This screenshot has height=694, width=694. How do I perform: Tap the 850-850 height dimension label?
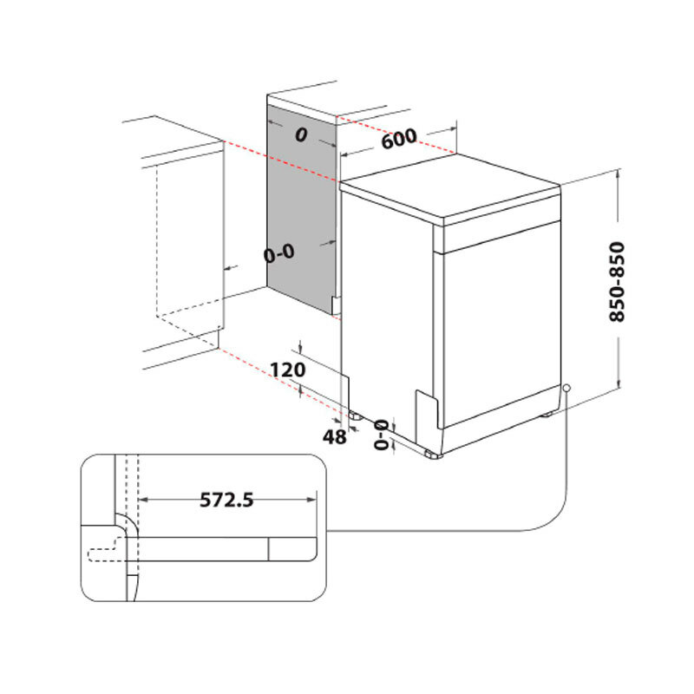tap(617, 282)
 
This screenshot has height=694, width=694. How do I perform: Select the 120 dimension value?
tap(286, 370)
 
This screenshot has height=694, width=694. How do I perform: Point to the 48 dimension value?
tap(335, 436)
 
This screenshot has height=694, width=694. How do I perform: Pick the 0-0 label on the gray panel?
tap(279, 253)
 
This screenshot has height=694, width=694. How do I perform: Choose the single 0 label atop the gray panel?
tap(301, 134)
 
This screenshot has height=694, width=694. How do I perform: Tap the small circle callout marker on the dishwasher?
tap(566, 388)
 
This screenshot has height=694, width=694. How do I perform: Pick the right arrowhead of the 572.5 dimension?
tap(313, 500)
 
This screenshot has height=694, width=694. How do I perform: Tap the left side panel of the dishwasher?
tap(386, 304)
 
